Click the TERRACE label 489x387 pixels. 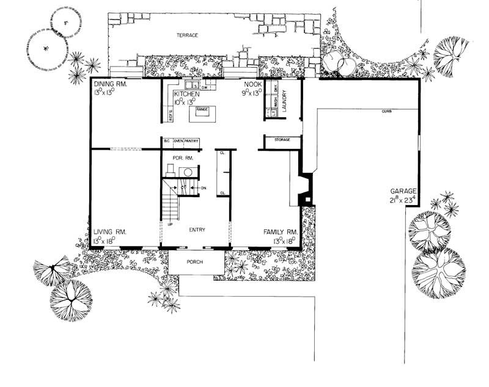(188, 35)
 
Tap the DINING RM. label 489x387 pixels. (110, 85)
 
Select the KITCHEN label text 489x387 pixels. (186, 95)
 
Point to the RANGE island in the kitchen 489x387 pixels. (202, 110)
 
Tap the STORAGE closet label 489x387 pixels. (282, 140)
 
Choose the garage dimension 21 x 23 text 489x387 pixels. (402, 200)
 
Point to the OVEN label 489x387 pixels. (178, 142)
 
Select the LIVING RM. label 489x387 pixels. (110, 232)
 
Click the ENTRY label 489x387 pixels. (197, 230)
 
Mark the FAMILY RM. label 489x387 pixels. (281, 232)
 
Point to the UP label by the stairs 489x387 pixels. (170, 225)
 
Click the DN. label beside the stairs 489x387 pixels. (203, 188)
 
